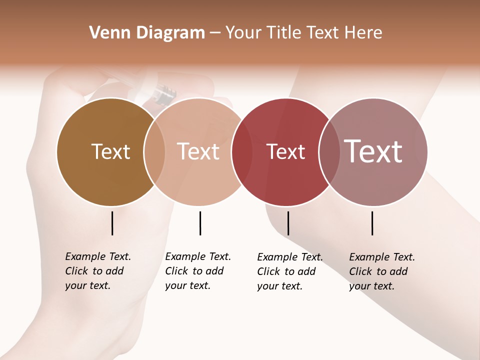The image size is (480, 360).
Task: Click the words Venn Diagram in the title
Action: coord(147,33)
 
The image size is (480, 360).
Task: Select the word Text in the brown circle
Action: coord(110,151)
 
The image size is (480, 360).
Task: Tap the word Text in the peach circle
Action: coord(198,151)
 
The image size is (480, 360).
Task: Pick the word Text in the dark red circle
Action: coord(285,151)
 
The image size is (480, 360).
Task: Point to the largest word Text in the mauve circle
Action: coord(373,151)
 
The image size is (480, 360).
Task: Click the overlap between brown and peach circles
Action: coord(154,152)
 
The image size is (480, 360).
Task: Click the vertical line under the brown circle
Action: coord(112,223)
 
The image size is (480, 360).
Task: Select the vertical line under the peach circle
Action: coord(200,223)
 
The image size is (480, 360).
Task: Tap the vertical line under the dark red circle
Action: coord(288,223)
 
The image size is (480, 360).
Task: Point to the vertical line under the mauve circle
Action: coord(372,223)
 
